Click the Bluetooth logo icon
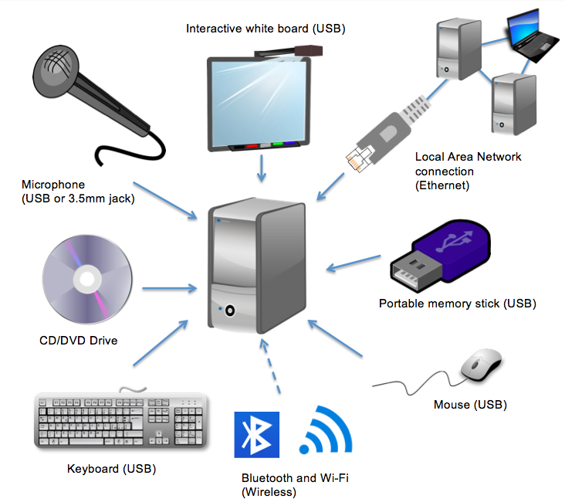click(256, 434)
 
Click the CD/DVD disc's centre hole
click(87, 279)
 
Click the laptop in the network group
click(531, 36)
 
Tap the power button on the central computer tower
click(230, 310)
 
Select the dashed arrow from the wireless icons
click(271, 366)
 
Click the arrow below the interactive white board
click(262, 168)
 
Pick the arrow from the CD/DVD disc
click(169, 288)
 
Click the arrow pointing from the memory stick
click(354, 263)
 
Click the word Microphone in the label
click(53, 185)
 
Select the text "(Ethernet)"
click(442, 185)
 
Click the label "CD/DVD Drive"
click(78, 341)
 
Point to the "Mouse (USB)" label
click(470, 405)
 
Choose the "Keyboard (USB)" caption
click(111, 469)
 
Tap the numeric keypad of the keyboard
click(188, 426)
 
